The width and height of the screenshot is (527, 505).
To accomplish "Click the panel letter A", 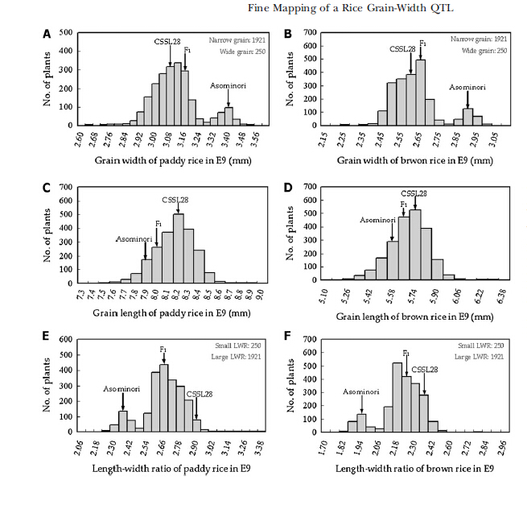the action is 47,34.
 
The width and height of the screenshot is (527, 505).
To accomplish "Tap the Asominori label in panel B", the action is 467,87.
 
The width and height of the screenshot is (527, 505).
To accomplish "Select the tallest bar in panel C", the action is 178,249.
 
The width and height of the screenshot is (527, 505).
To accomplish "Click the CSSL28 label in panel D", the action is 414,193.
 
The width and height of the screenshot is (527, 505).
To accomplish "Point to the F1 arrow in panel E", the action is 163,358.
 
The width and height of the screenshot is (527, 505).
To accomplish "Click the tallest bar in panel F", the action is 397,397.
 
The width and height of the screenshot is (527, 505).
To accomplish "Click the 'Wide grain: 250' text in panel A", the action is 242,52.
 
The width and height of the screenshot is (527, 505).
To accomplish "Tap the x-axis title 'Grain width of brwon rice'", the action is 396,160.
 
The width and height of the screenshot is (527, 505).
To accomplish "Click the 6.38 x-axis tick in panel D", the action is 500,296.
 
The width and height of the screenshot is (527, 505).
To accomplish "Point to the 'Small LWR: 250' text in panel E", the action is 238,346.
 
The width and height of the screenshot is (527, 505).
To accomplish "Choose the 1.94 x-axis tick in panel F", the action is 359,447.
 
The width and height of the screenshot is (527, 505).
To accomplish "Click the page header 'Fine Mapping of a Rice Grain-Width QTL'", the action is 351,8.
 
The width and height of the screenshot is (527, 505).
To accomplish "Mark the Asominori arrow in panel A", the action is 229,98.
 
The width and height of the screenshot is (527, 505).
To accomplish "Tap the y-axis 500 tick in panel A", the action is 65,33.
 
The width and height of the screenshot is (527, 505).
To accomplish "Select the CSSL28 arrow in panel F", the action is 424,384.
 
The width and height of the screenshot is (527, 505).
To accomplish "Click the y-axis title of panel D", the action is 290,233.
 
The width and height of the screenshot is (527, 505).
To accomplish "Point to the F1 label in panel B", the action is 422,43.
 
